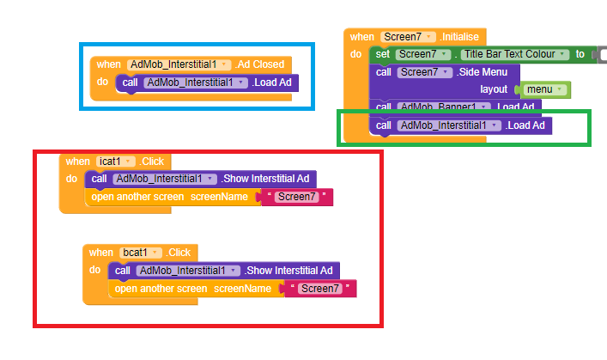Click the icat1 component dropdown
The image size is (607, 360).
(x=117, y=161)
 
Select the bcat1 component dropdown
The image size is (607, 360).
(x=141, y=253)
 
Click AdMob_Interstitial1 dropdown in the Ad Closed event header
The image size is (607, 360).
(x=179, y=64)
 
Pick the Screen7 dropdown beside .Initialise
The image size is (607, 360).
(x=407, y=37)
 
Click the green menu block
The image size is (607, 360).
(x=543, y=89)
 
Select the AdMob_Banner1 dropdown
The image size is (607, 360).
(x=445, y=107)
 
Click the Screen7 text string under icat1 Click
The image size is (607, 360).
(x=296, y=198)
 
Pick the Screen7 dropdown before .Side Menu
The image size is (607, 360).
(x=424, y=72)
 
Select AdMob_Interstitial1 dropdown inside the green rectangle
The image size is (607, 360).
(x=448, y=125)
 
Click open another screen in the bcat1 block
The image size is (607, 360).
(x=161, y=289)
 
